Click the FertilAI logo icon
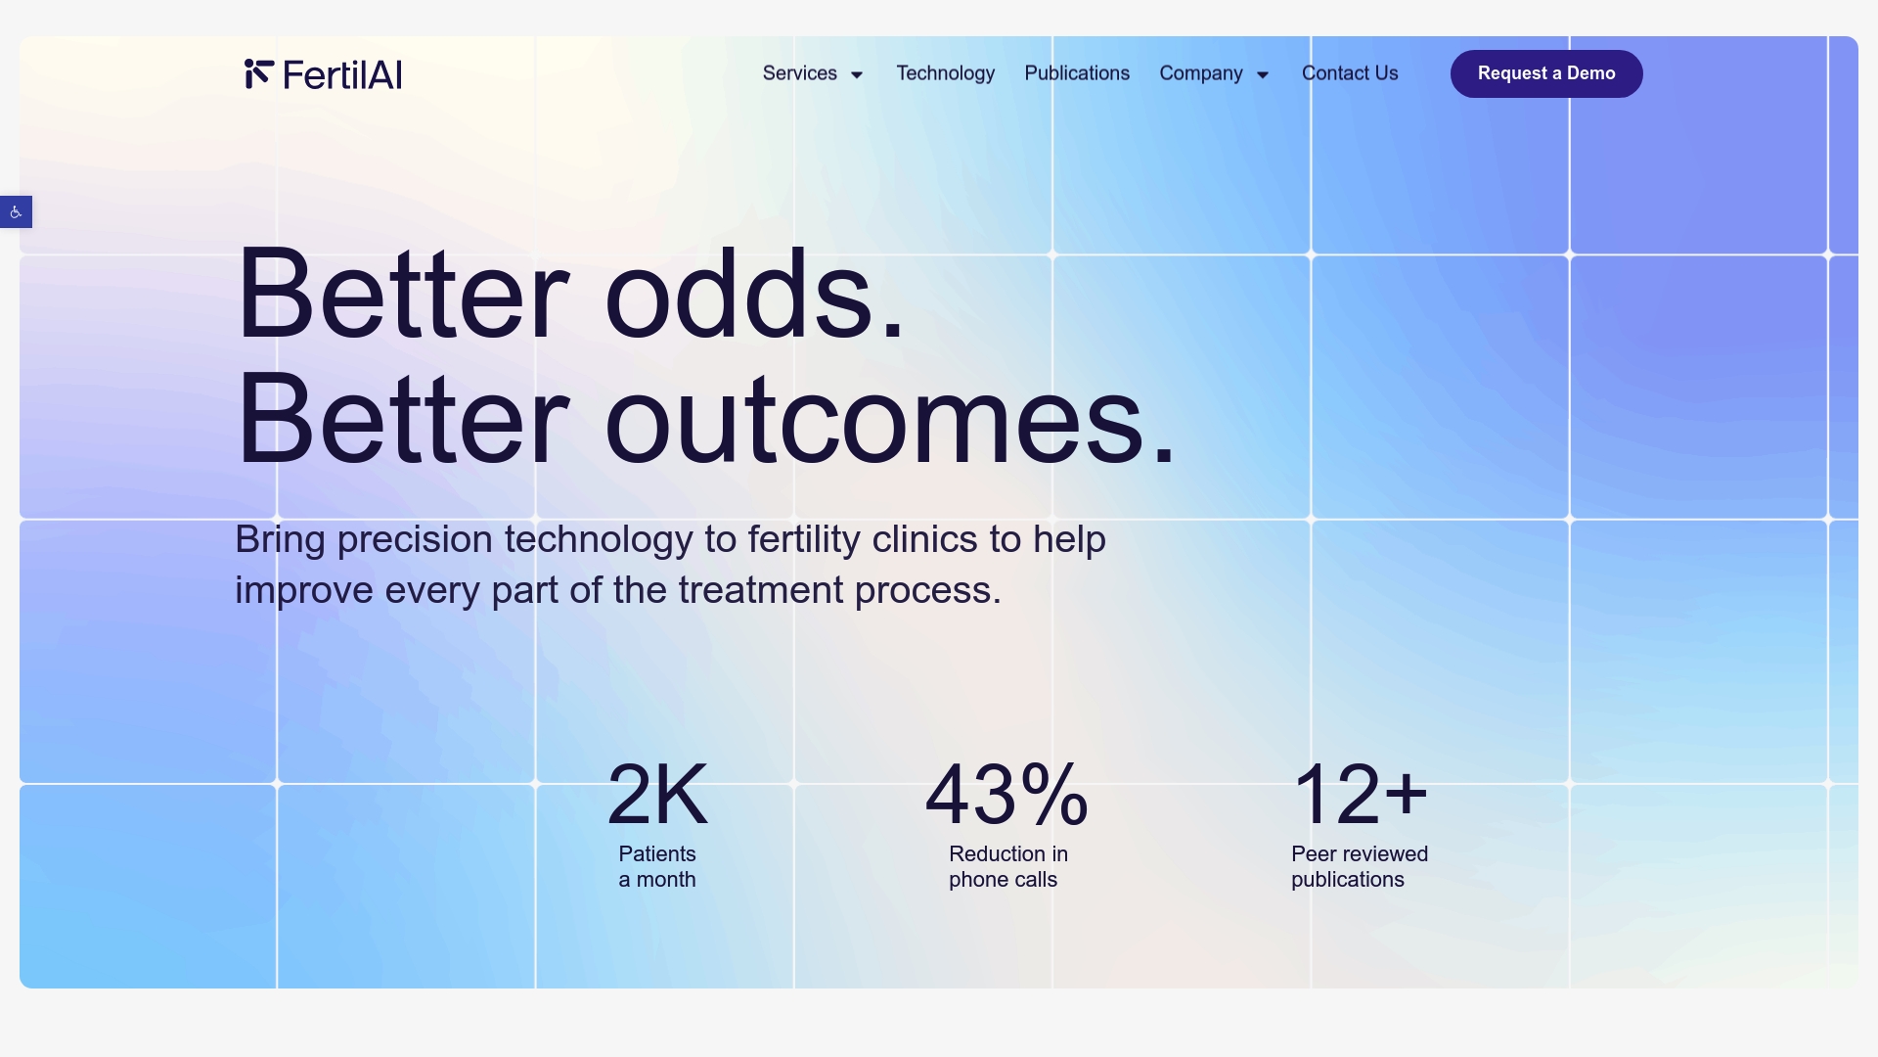(258, 73)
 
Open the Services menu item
(799, 73)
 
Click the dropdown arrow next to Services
(857, 75)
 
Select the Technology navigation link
(945, 73)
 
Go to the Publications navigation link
(1077, 73)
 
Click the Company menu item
(1200, 73)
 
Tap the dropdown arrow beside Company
(1263, 75)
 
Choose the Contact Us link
(1350, 73)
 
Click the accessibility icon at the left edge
(16, 212)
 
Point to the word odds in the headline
(753, 295)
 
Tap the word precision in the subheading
(415, 539)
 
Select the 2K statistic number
(657, 795)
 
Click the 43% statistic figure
(1006, 795)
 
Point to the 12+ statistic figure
(1360, 795)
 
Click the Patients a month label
(657, 867)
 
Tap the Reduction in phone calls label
(1007, 867)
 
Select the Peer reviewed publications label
(1359, 867)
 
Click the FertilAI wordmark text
(342, 75)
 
